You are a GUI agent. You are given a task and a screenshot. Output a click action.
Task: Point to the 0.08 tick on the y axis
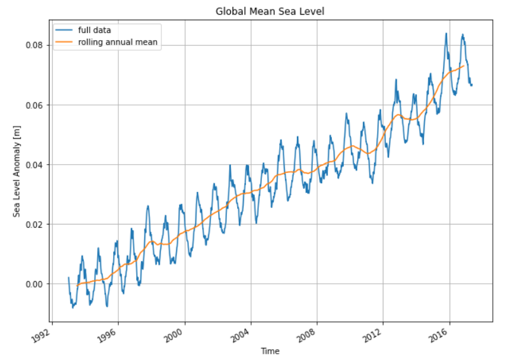pyautogui.click(x=33, y=45)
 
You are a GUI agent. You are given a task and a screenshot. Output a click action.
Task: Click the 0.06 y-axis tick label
pyautogui.click(x=33, y=105)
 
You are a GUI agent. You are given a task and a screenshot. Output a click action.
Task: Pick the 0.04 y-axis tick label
pyautogui.click(x=33, y=165)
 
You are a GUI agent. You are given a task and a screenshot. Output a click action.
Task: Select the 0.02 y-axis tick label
pyautogui.click(x=33, y=225)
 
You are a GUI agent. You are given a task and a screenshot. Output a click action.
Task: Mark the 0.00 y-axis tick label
pyautogui.click(x=33, y=284)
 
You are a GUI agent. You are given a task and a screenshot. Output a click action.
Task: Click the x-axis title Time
pyautogui.click(x=270, y=350)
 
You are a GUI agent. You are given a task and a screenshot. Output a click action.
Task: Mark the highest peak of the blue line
pyautogui.click(x=446, y=34)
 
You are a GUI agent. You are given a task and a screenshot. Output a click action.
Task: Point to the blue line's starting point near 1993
pyautogui.click(x=69, y=278)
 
